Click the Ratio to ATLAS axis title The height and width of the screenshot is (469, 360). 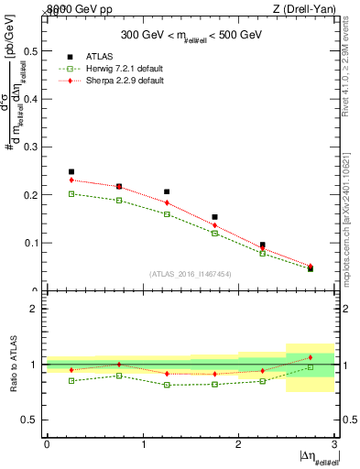[14, 365]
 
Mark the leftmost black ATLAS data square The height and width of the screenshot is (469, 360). [71, 171]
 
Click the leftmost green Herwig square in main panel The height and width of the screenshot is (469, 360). [71, 193]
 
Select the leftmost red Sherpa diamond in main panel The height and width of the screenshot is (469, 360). [71, 180]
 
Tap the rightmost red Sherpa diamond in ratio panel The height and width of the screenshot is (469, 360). [311, 357]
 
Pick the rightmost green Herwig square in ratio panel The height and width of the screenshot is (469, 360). [311, 367]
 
